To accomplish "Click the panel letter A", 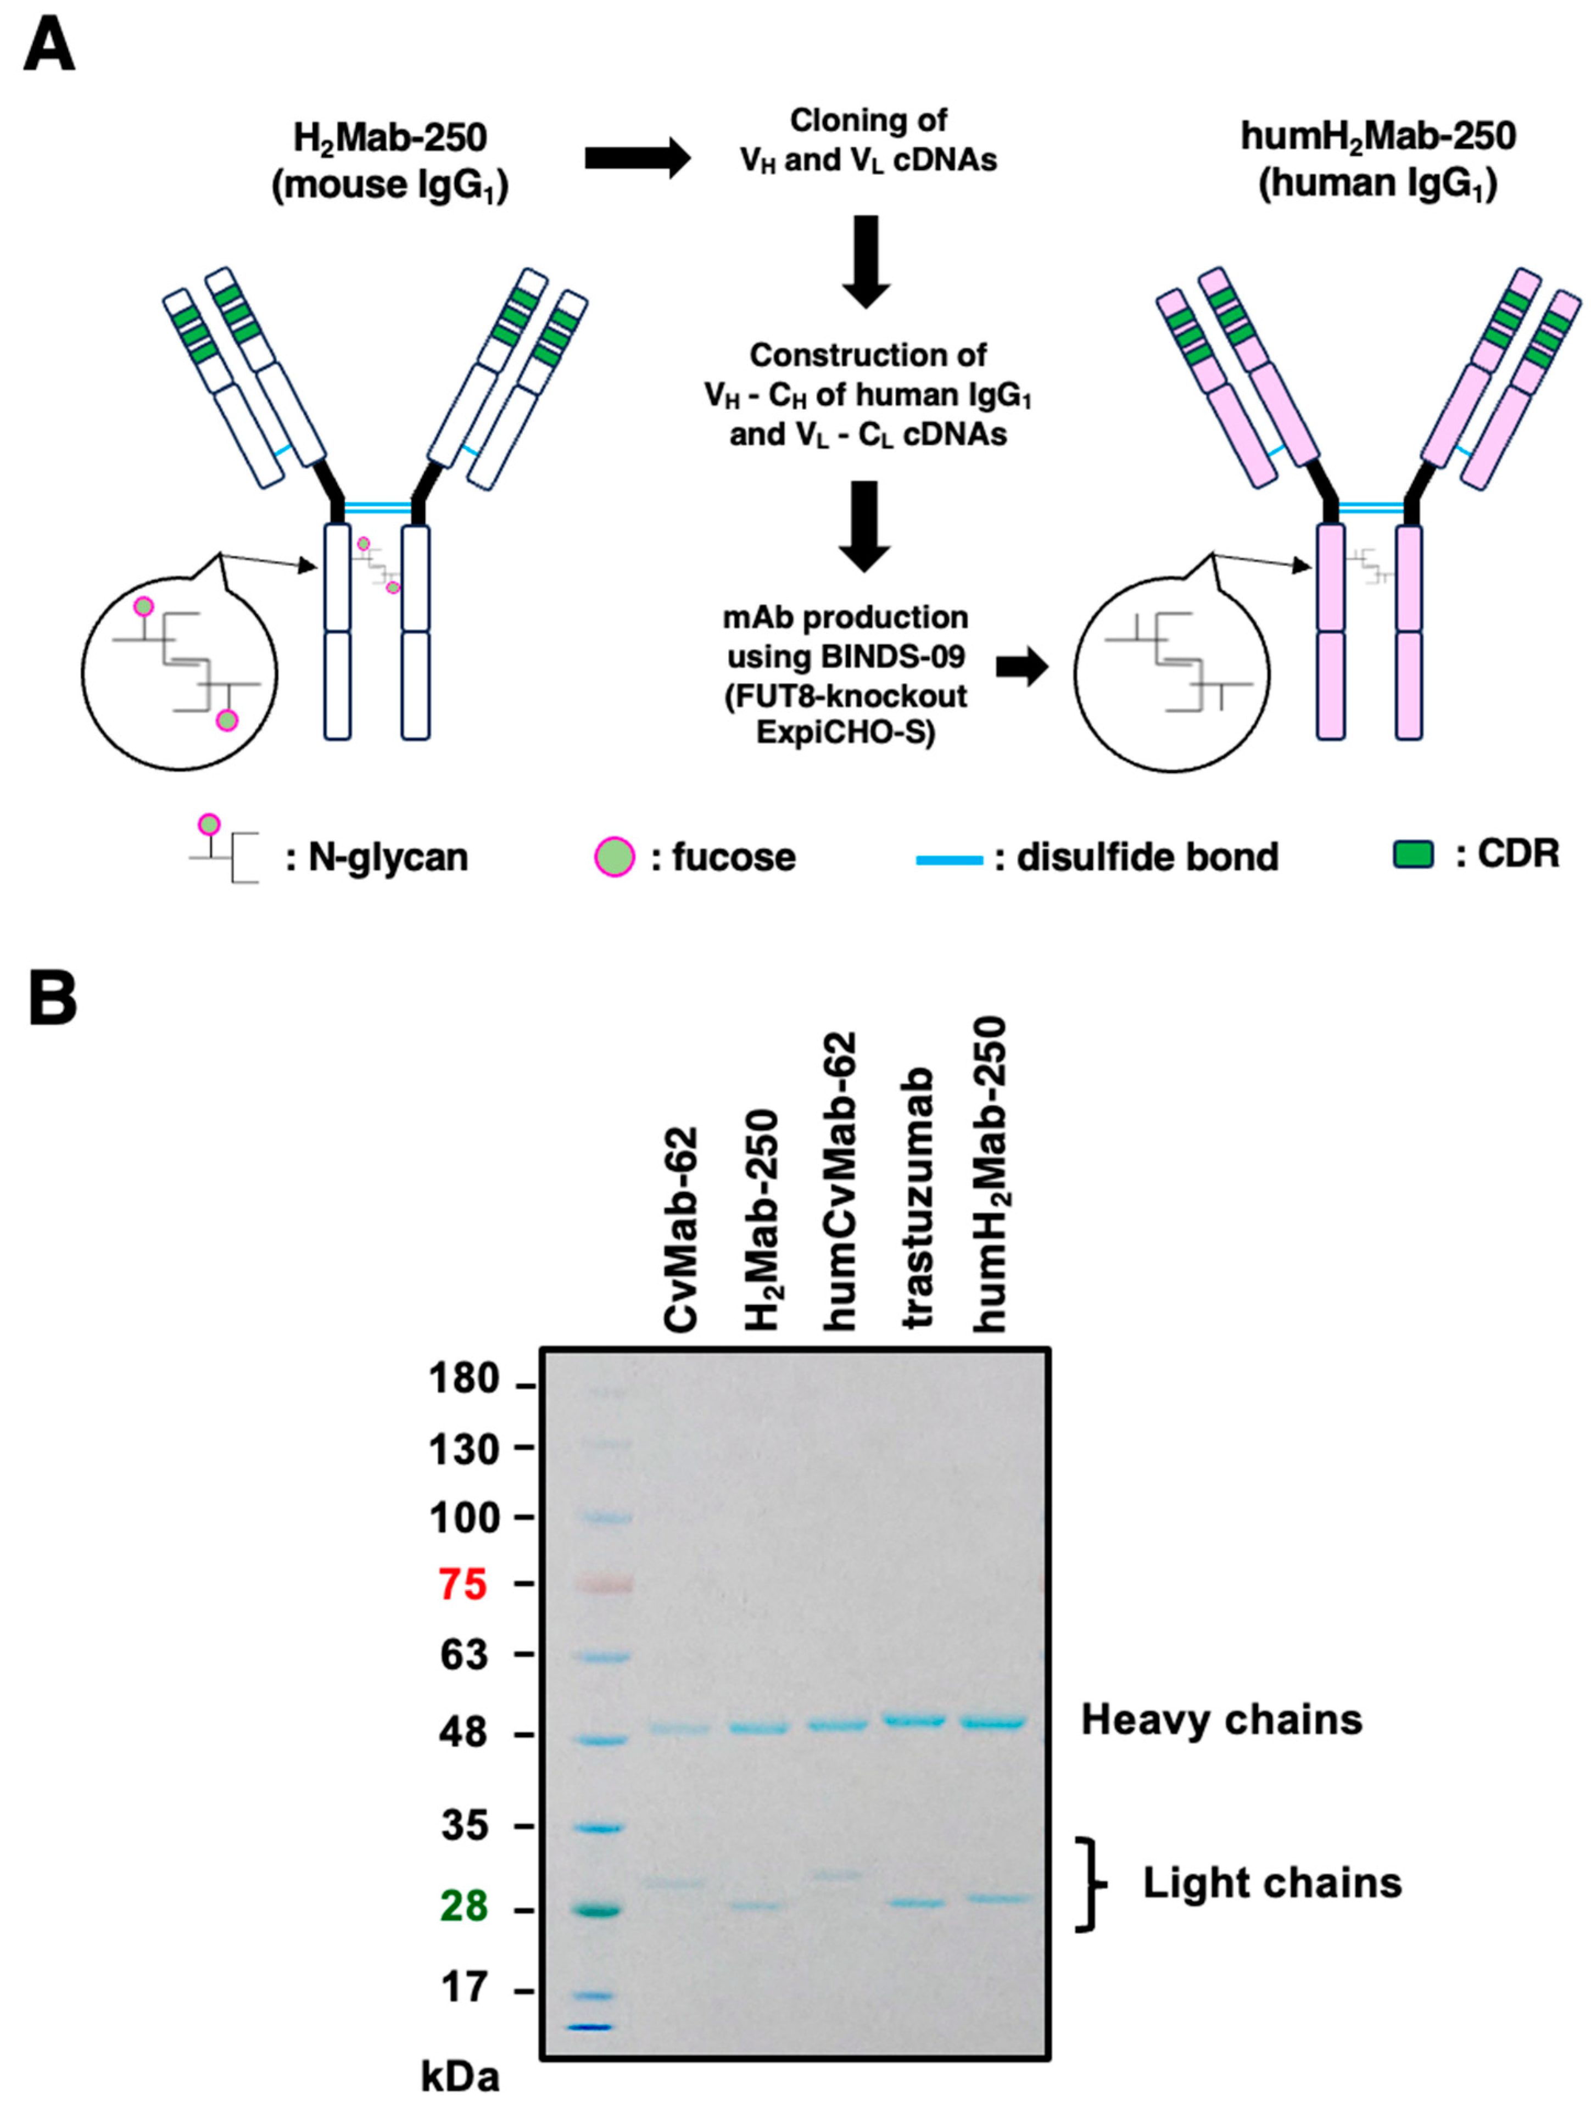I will pos(49,45).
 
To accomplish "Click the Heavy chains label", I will pos(1220,1719).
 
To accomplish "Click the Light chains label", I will pos(1272,1883).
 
